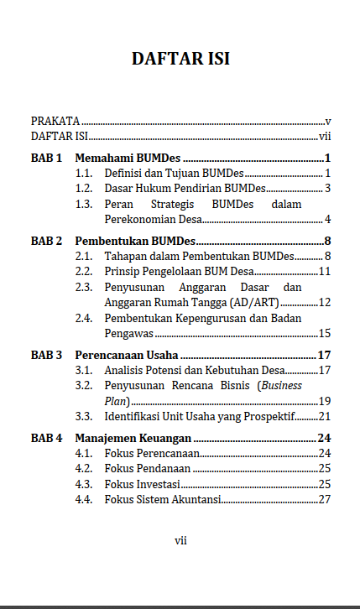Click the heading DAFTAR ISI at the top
[180, 59]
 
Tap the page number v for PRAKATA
[329, 122]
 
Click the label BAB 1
[47, 158]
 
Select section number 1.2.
[83, 188]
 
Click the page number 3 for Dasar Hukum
[329, 188]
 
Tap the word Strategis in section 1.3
[174, 204]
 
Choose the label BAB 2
[47, 241]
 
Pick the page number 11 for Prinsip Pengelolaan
[325, 271]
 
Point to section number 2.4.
[83, 318]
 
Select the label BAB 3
[47, 355]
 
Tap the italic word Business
[281, 385]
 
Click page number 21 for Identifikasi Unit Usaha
[325, 416]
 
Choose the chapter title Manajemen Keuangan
[133, 438]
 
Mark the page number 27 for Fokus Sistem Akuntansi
[325, 499]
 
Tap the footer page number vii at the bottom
[180, 540]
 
